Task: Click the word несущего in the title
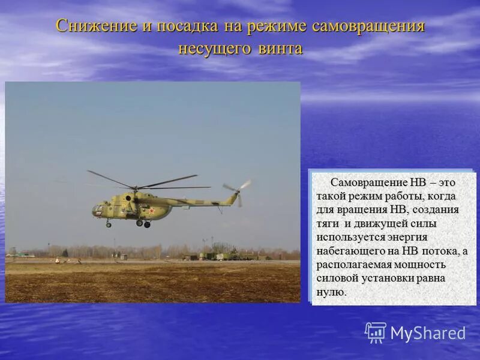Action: pos(211,49)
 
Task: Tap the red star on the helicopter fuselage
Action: pos(152,211)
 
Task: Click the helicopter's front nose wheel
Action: pos(109,224)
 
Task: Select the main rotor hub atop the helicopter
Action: pos(136,187)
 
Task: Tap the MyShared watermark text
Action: pos(428,334)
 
